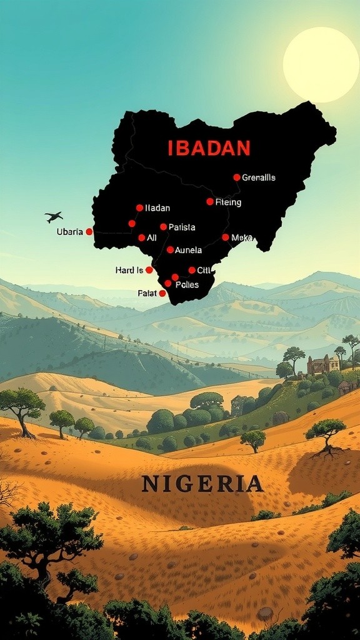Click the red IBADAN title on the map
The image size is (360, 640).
pos(209,148)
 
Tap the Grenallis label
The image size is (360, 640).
pos(258,177)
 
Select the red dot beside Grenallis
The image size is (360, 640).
pos(237,177)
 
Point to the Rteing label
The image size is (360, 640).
pos(228,202)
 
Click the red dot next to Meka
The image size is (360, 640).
pos(226,237)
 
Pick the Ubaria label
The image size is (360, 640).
pos(69,232)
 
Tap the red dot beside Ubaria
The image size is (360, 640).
pos(89,232)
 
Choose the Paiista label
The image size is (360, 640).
pos(182,227)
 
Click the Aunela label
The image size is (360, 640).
pos(188,250)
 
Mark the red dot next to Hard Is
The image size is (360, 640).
pos(149,270)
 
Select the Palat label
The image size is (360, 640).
pos(147,293)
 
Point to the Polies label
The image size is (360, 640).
pos(187,285)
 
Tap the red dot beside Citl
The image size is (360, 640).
pos(192,271)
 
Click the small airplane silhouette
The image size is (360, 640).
pos(54,217)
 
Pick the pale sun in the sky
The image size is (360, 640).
pos(321,64)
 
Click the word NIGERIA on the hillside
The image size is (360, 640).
pos(202,484)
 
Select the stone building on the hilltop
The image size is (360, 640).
pos(322,364)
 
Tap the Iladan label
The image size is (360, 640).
pos(157,208)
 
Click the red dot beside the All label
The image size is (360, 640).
pos(142,237)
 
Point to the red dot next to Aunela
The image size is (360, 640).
pos(170,250)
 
